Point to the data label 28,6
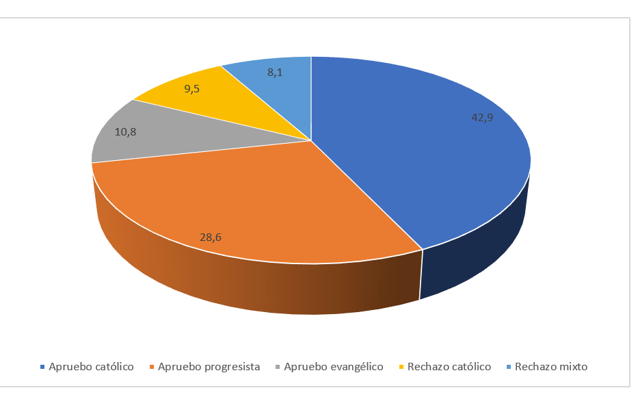(x=210, y=237)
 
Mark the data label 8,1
(x=276, y=73)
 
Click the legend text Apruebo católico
(x=91, y=367)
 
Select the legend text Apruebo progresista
(x=209, y=367)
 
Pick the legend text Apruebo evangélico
(x=333, y=367)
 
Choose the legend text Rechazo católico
(x=449, y=367)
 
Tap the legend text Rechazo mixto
(x=550, y=367)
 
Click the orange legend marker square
(x=152, y=368)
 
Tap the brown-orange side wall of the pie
(x=274, y=287)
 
